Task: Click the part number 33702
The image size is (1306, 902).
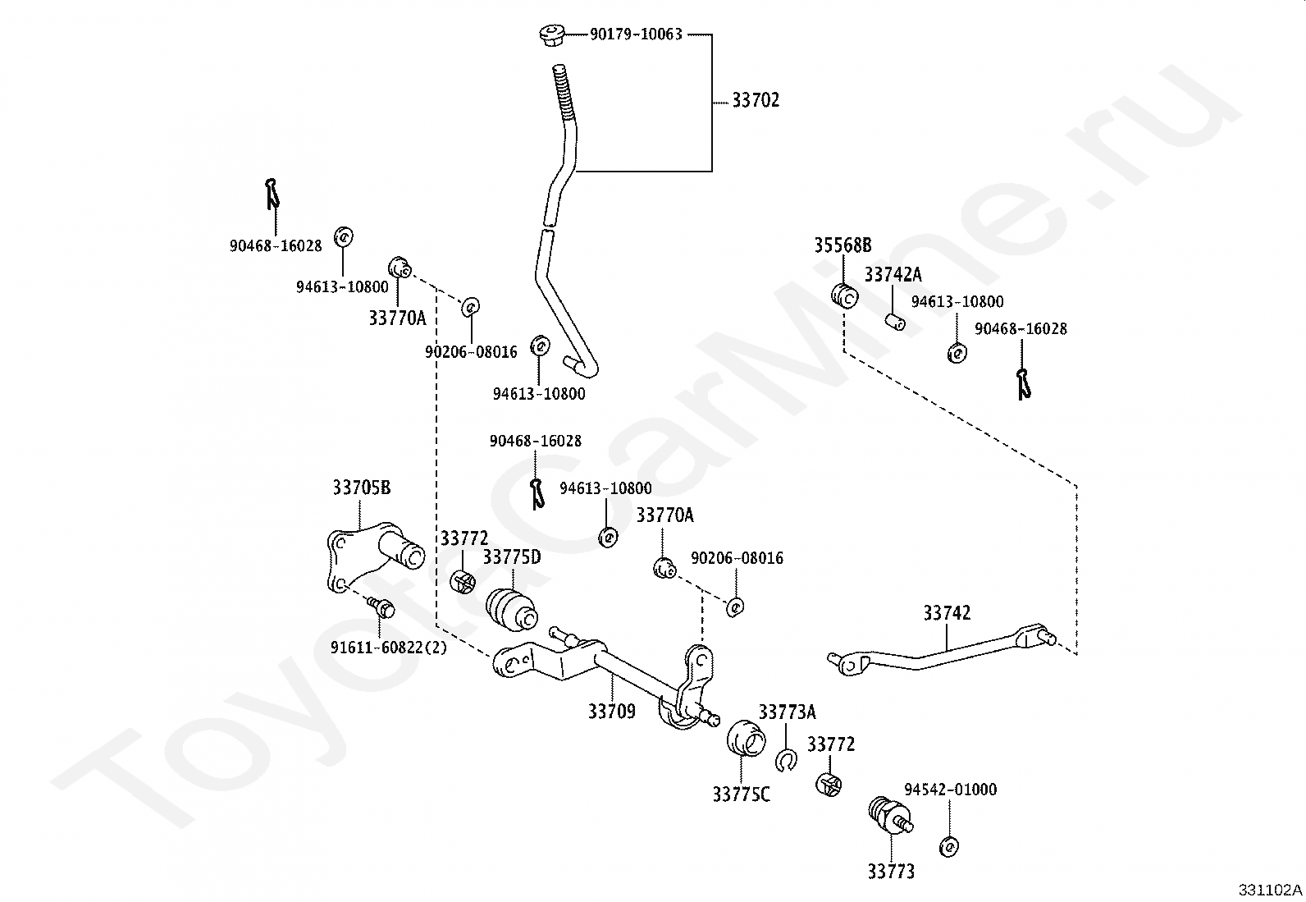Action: point(756,100)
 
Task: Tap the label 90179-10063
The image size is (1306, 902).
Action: point(636,34)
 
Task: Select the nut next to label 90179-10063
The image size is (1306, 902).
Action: point(551,34)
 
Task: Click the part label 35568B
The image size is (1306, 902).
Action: point(843,245)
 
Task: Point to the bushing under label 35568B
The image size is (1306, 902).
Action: point(845,295)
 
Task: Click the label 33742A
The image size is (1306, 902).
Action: point(893,274)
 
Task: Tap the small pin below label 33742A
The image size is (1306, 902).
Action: point(895,322)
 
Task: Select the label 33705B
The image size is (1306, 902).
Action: point(362,488)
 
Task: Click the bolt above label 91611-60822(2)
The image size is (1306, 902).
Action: point(381,607)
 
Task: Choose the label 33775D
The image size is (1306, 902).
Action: point(512,557)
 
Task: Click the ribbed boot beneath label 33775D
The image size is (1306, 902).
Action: point(511,611)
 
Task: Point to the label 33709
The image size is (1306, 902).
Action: point(612,712)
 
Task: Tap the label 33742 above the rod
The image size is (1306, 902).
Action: point(947,613)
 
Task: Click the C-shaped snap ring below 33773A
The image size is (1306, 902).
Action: point(786,760)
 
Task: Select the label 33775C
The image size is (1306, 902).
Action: point(741,794)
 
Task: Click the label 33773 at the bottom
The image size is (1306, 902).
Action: point(891,872)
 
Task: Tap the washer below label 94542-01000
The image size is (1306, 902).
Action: point(949,846)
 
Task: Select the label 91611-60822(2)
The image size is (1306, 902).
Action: point(389,648)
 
